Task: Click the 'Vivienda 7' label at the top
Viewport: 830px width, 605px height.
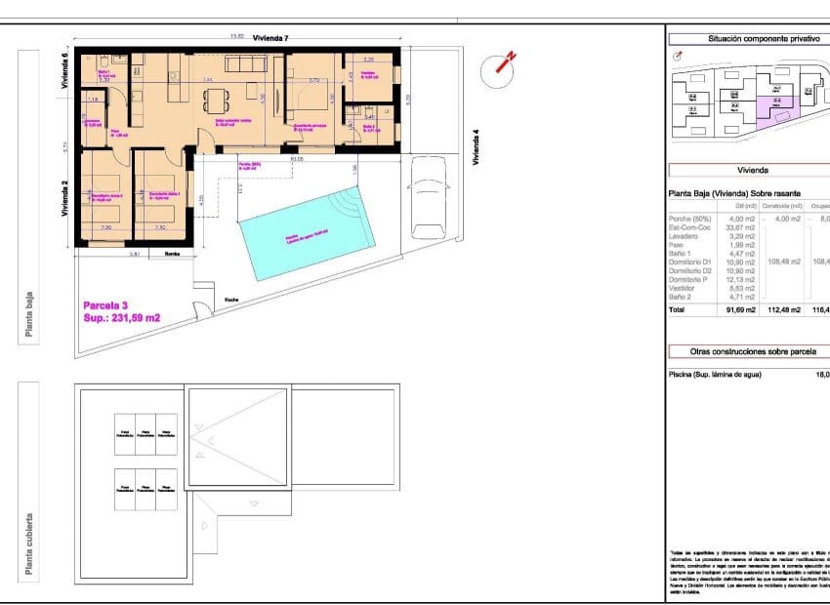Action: point(270,38)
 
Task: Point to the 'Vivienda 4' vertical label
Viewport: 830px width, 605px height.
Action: point(477,147)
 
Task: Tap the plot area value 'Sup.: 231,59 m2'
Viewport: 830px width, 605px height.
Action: point(122,318)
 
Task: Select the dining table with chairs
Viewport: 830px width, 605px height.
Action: point(215,100)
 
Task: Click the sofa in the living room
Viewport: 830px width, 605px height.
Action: point(252,64)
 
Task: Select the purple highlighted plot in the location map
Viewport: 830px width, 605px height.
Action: point(777,105)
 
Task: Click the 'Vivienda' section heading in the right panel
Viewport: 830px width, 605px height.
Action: point(753,169)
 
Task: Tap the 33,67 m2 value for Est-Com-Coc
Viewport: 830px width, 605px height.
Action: point(743,227)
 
